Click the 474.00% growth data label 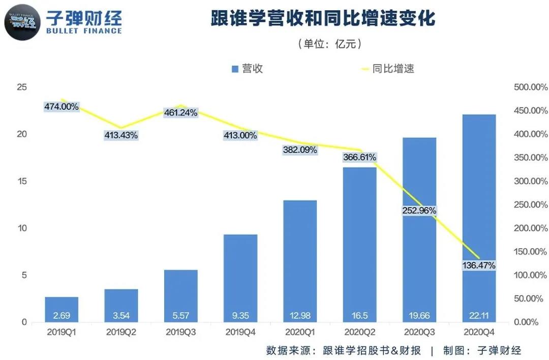(61, 107)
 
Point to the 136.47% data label (478, 265)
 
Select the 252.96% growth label (419, 211)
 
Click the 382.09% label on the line (300, 150)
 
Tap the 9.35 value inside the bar (240, 316)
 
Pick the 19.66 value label (419, 316)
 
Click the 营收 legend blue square (235, 69)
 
